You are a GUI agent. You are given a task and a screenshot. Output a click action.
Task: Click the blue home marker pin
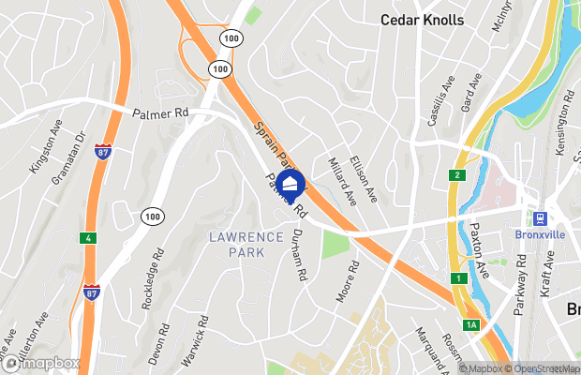coord(291,184)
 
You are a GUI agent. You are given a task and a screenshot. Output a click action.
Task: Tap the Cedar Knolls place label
coord(422,20)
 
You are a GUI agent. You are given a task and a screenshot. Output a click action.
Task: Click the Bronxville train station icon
coord(540,217)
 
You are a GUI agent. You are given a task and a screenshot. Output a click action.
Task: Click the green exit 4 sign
coord(87,237)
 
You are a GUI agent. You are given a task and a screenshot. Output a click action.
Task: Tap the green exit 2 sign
coord(456,175)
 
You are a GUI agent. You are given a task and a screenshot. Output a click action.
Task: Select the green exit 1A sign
coord(471,324)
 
